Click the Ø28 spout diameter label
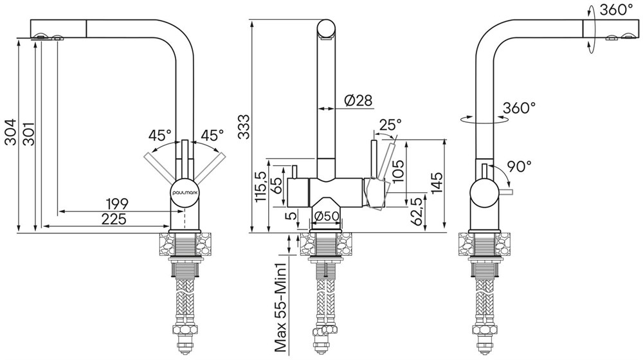coord(358,100)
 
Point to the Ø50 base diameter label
coord(327,216)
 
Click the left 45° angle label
coord(160,136)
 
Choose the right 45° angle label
coord(212,136)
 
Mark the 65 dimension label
coord(279,182)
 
